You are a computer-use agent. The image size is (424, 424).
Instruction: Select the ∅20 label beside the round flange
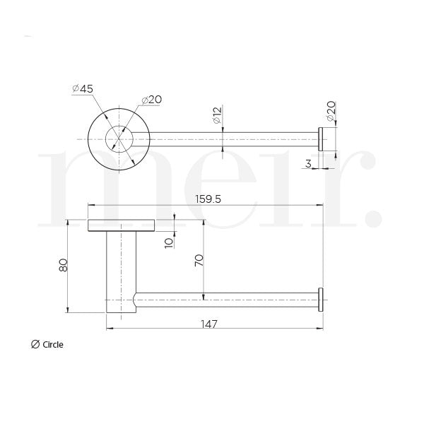coord(151,100)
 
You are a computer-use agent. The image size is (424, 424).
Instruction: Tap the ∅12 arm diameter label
coord(216,116)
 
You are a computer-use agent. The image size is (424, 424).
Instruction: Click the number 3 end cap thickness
coord(310,163)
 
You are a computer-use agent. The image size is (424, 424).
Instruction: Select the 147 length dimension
coord(208,324)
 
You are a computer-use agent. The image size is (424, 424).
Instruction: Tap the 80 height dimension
coord(63,266)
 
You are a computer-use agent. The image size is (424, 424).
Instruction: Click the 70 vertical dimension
coord(199,259)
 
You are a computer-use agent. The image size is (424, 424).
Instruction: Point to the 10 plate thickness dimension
coord(168,242)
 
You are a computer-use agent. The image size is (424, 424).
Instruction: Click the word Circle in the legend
coord(53,345)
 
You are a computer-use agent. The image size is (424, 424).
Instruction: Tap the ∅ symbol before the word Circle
coord(35,345)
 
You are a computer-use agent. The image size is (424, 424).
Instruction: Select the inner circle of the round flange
coord(118,139)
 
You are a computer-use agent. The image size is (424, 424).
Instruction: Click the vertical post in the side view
coord(120,269)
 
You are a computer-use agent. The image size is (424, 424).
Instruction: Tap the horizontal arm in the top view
coord(226,139)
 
